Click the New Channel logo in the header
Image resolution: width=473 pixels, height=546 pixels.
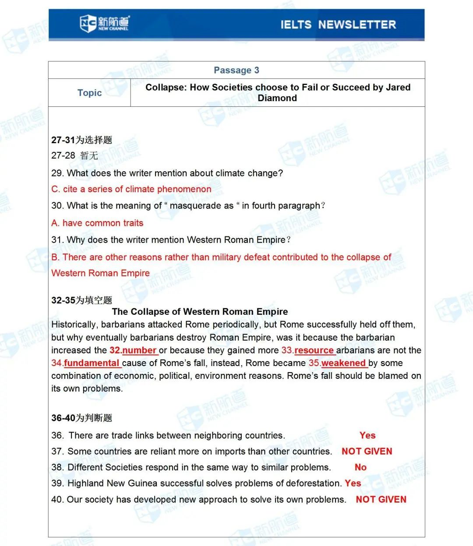(x=104, y=23)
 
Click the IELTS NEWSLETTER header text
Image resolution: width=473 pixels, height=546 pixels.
(x=338, y=25)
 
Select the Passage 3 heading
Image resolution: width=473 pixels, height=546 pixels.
(x=236, y=70)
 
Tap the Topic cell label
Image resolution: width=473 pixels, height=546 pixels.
(x=89, y=93)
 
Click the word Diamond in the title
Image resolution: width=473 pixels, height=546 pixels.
(x=277, y=98)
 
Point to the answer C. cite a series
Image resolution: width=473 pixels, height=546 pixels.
(x=131, y=189)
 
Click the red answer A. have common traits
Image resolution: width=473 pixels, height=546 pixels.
(x=97, y=223)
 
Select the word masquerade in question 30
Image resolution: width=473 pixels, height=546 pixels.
(x=201, y=206)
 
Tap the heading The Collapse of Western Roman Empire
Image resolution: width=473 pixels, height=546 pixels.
(x=200, y=312)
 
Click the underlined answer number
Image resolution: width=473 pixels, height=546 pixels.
(x=139, y=350)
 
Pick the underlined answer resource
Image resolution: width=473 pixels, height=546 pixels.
(x=314, y=350)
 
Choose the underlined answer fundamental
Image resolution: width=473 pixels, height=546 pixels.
(x=92, y=363)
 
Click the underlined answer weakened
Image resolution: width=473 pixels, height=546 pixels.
(x=343, y=363)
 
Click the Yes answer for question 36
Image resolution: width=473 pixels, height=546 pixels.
(x=367, y=435)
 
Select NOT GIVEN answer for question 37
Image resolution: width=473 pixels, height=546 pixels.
(x=367, y=451)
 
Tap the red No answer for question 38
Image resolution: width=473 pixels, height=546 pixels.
(x=360, y=467)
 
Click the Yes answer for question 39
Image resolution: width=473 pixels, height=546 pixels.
(x=353, y=483)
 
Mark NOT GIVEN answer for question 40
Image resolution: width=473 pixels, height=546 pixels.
(x=381, y=500)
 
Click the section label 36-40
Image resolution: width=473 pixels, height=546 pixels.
(x=64, y=418)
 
